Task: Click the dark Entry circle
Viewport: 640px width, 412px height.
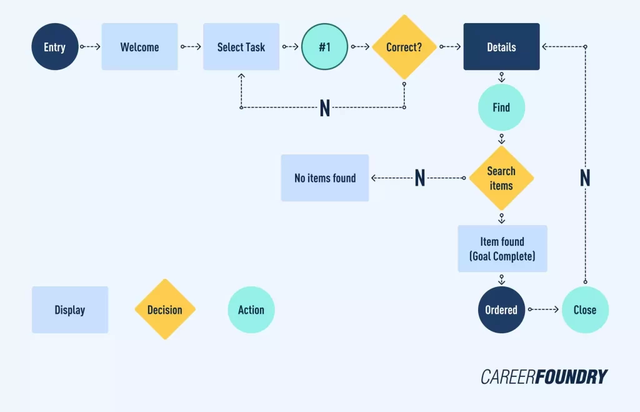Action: point(55,47)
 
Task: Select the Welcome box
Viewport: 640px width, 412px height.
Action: point(139,47)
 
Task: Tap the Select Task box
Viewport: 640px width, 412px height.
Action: point(241,47)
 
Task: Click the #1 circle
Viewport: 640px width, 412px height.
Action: point(324,47)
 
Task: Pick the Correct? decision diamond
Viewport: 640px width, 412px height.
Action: point(404,47)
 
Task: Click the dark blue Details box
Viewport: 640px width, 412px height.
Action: point(501,47)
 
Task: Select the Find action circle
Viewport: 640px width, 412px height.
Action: point(501,108)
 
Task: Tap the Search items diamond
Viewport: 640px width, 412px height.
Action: point(501,178)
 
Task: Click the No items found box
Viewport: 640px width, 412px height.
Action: point(325,178)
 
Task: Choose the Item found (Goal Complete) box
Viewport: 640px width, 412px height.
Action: point(502,249)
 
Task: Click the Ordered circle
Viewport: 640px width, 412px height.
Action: point(501,310)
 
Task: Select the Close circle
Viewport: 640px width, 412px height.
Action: point(585,310)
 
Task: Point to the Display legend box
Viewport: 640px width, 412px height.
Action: point(70,310)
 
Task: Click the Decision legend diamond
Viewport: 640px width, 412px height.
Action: point(165,310)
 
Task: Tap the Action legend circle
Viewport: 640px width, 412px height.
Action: point(251,310)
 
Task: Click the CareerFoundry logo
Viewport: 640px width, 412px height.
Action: point(544,376)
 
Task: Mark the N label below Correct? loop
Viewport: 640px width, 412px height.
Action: point(324,108)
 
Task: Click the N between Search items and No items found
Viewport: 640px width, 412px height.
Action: point(420,178)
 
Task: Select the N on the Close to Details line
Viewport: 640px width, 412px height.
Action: point(585,178)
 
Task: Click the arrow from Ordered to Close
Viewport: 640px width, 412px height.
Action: point(543,309)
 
